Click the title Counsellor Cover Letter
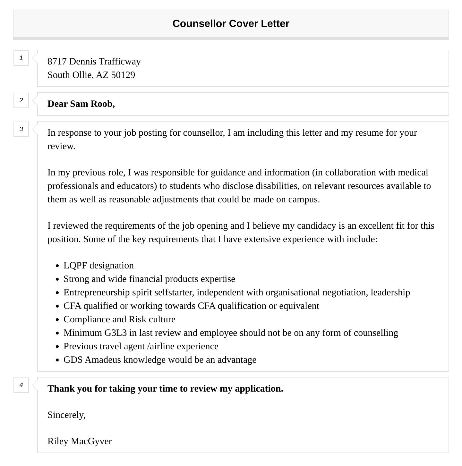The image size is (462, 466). [x=231, y=23]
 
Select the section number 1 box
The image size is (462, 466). [x=21, y=58]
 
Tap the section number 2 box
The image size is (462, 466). [x=21, y=100]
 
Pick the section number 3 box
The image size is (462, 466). [x=21, y=129]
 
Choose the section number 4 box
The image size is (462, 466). [x=21, y=385]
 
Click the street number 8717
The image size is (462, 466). [x=57, y=61]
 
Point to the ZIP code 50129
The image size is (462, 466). [x=123, y=75]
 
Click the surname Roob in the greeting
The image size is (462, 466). [x=102, y=104]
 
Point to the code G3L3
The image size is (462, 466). [x=116, y=333]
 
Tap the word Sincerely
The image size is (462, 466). [x=66, y=415]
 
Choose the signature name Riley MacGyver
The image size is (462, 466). [x=80, y=441]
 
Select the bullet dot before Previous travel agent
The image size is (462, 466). [x=57, y=347]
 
